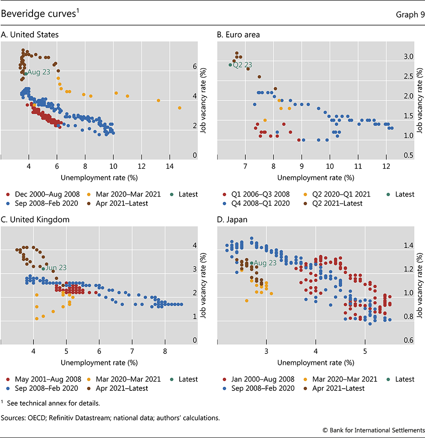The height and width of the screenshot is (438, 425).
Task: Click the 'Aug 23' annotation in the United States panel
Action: (39, 73)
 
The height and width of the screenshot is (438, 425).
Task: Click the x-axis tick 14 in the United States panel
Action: (170, 167)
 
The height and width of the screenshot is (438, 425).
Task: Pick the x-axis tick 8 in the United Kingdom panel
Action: (165, 351)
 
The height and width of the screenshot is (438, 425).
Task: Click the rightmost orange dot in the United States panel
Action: (180, 108)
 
